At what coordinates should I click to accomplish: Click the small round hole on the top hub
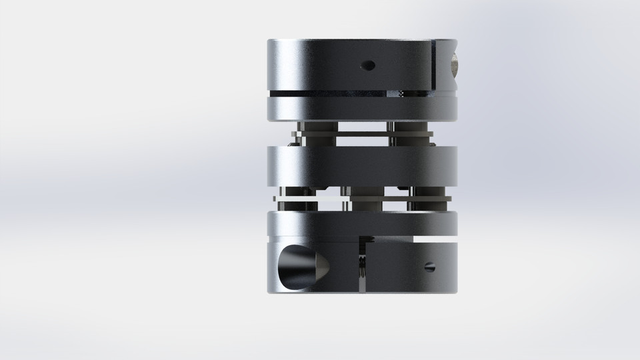click(365, 65)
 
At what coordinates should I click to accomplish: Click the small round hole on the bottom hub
click(428, 267)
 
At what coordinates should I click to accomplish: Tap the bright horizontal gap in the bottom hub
click(433, 238)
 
